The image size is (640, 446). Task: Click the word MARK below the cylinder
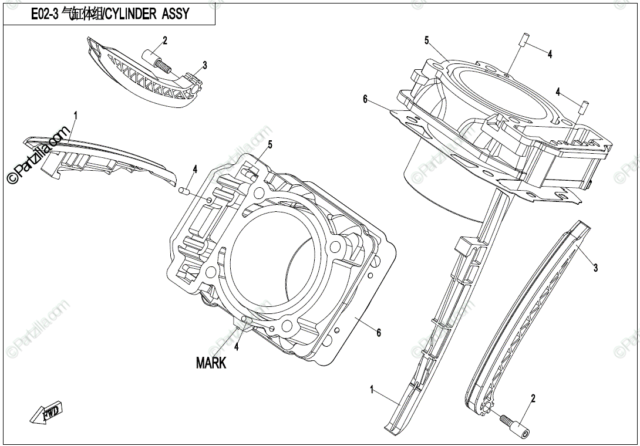tap(211, 363)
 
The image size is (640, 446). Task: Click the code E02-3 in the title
tap(45, 15)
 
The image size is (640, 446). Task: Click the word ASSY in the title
tap(174, 15)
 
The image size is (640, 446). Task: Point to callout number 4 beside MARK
tap(236, 347)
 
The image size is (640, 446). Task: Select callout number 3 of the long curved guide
tap(595, 268)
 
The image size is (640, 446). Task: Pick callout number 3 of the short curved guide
tap(204, 65)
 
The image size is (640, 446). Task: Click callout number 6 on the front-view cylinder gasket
tap(379, 333)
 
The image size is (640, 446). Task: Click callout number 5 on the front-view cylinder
tap(270, 144)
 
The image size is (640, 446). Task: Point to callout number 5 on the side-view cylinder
tap(427, 40)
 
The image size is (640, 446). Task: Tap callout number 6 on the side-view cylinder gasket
tap(365, 100)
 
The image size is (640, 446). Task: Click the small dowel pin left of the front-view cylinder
tap(183, 190)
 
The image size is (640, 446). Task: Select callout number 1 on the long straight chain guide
tap(372, 388)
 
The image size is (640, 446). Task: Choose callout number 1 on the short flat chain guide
tap(75, 115)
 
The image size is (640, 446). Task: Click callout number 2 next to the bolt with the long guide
tap(533, 398)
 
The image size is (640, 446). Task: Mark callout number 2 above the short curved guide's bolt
tap(165, 40)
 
